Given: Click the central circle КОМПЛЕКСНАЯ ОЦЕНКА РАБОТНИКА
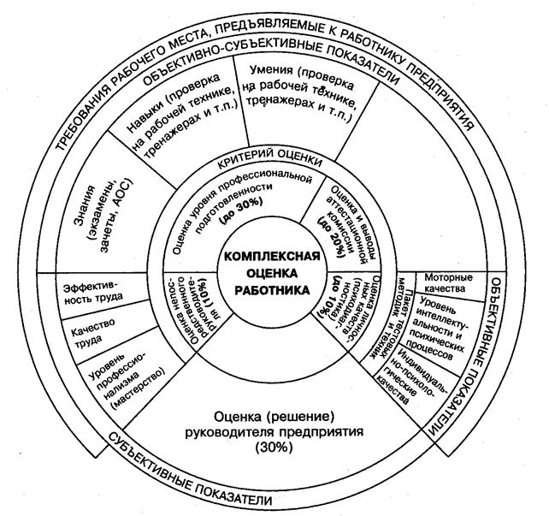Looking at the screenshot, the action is pyautogui.click(x=273, y=273).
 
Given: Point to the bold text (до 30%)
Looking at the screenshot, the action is pyautogui.click(x=242, y=216).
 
